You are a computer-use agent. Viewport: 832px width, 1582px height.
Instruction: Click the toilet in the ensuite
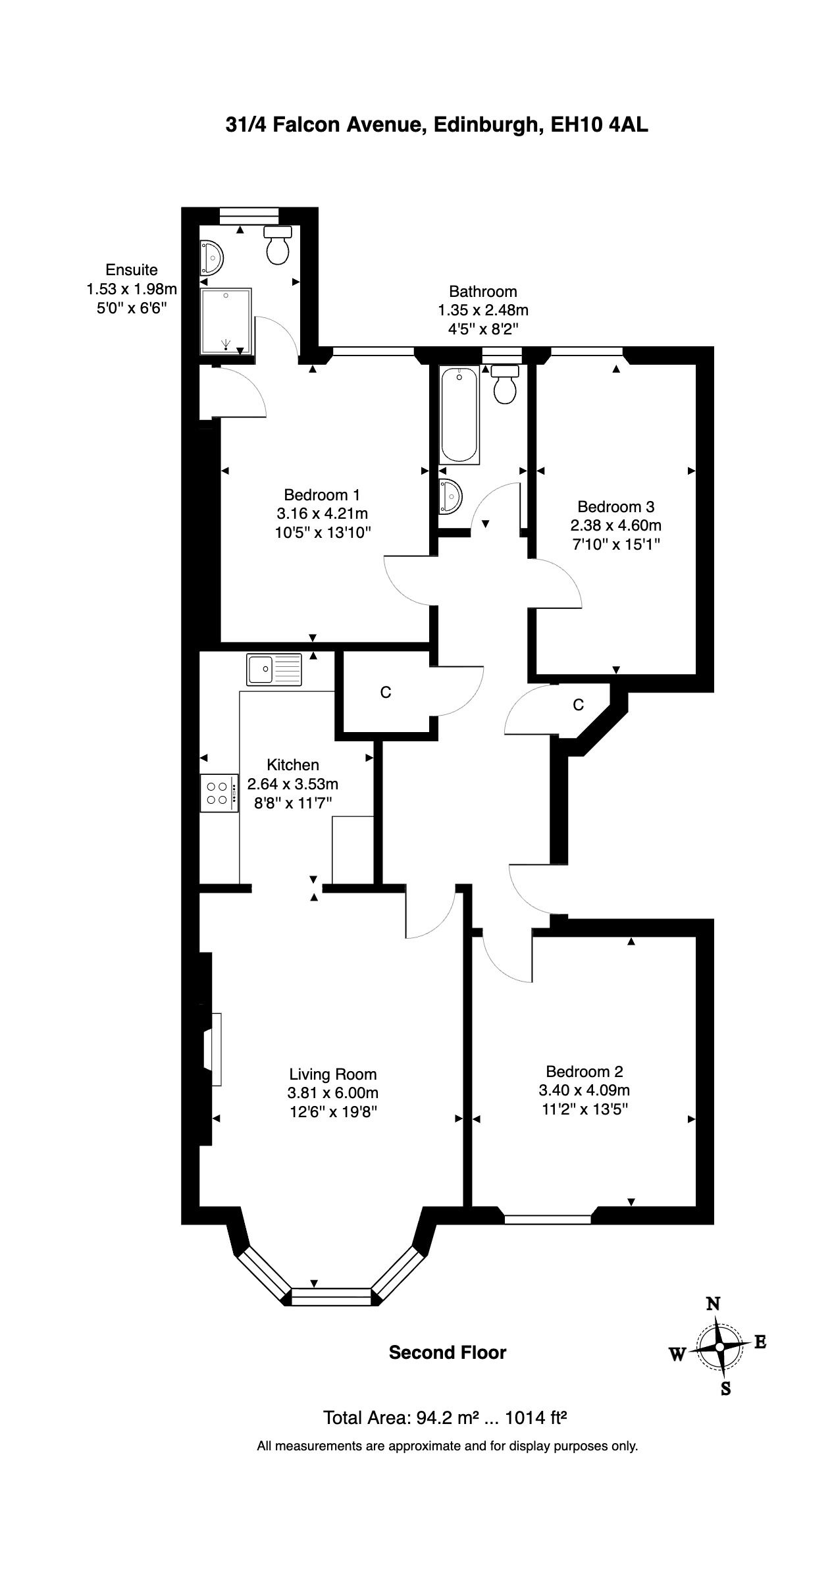(x=277, y=244)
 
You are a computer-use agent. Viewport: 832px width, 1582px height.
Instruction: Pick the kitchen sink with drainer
(x=274, y=669)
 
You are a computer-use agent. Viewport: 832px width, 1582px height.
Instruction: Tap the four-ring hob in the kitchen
(x=220, y=793)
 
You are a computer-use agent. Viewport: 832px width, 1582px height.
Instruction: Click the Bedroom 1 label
(x=322, y=494)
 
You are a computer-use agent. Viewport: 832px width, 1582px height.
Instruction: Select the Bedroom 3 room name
(x=615, y=507)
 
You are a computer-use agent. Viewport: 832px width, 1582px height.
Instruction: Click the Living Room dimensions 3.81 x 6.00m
(x=334, y=1093)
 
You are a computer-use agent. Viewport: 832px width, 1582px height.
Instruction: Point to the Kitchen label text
(x=293, y=765)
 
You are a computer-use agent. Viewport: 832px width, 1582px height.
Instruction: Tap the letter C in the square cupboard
(x=386, y=693)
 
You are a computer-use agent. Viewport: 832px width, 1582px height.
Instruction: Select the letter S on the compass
(x=726, y=1388)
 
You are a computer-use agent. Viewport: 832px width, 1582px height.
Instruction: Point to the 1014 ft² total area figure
(x=535, y=1417)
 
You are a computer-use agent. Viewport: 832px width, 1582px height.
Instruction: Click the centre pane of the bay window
(x=332, y=1296)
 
